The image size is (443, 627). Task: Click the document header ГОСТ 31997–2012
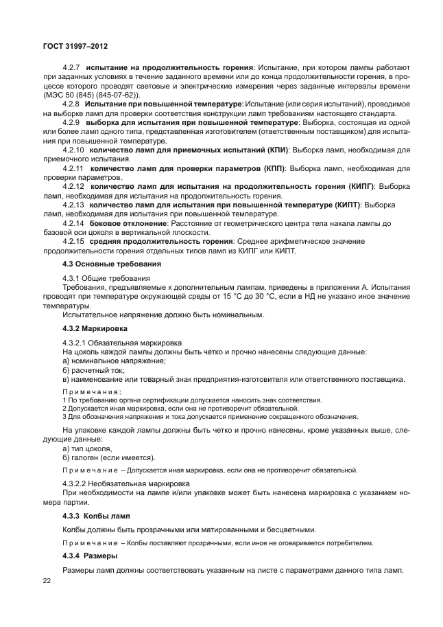(x=75, y=47)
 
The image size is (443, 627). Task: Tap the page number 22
(x=47, y=581)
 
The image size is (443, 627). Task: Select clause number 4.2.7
(x=72, y=67)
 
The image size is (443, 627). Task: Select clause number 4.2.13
(x=73, y=205)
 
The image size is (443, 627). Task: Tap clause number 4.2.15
(x=73, y=242)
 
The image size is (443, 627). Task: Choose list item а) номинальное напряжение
(x=114, y=361)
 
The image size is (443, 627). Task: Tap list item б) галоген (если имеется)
(x=108, y=457)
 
